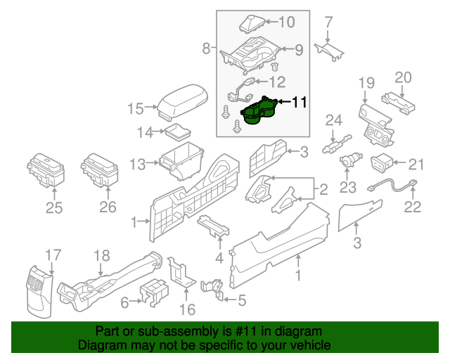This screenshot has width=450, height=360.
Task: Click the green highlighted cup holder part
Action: click(258, 112)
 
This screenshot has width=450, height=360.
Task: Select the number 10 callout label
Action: click(286, 22)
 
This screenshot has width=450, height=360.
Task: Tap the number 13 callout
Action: click(138, 164)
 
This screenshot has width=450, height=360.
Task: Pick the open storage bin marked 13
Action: click(181, 157)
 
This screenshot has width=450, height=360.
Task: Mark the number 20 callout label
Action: click(402, 77)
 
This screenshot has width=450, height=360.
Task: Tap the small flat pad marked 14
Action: click(180, 132)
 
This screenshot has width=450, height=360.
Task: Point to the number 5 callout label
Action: click(241, 301)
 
